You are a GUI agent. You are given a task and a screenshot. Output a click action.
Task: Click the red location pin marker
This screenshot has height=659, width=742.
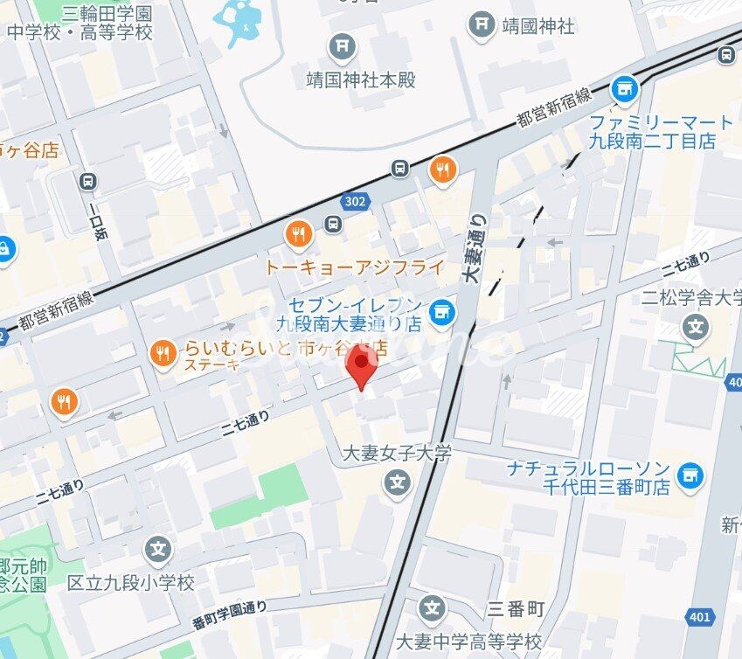click(x=361, y=365)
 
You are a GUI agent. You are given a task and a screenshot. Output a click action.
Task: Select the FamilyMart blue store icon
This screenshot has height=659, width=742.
click(x=624, y=87)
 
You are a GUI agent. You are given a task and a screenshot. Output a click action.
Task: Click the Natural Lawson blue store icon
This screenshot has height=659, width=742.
click(x=690, y=474)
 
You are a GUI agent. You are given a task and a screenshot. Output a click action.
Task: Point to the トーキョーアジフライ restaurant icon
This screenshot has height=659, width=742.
click(x=299, y=233)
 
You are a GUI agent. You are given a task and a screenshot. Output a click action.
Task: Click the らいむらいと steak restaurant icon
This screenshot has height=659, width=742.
click(x=162, y=353)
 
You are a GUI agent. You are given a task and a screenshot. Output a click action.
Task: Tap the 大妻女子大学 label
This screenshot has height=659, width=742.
click(x=396, y=453)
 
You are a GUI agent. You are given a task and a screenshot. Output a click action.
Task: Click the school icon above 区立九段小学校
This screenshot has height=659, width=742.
click(x=158, y=551)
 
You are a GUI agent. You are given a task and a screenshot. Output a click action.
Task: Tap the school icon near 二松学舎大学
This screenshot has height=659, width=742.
click(x=696, y=329)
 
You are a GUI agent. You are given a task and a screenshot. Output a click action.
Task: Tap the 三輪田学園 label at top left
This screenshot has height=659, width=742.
click(x=107, y=14)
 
